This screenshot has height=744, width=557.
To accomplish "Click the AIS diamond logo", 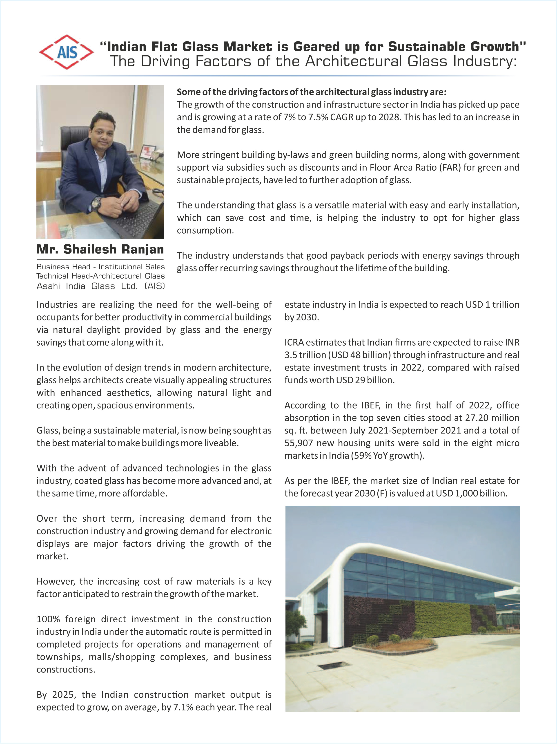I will point(67,52).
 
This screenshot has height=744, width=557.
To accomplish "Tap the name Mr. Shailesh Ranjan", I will point(100,249).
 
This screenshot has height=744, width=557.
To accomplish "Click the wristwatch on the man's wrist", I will point(97,202).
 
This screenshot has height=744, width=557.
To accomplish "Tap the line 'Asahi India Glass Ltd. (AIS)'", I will point(100,286).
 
